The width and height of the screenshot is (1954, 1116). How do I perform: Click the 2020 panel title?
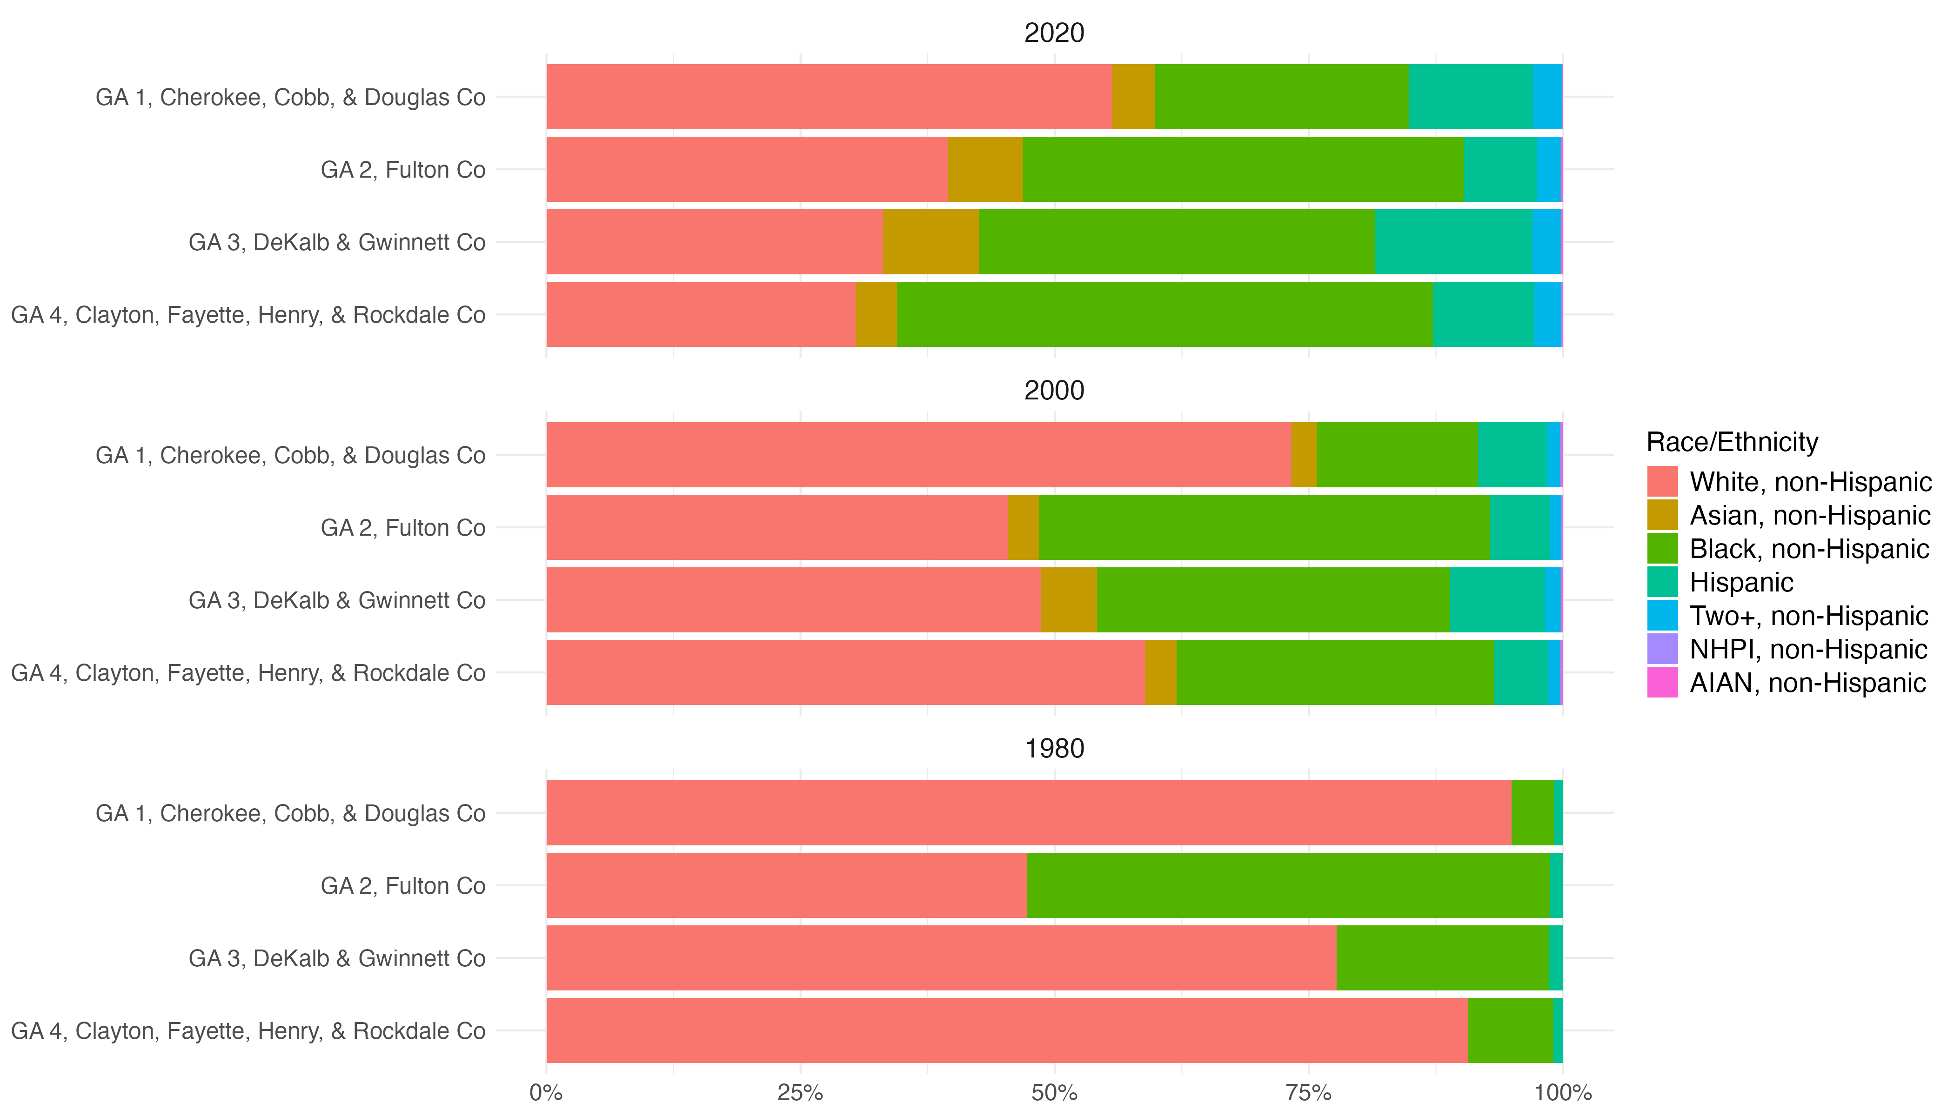pyautogui.click(x=1054, y=33)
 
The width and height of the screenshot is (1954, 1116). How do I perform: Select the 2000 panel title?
pyautogui.click(x=1054, y=391)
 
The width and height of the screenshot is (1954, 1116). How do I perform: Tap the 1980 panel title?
pyautogui.click(x=1054, y=749)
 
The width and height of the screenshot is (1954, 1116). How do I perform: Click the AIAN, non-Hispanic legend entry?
pyautogui.click(x=1807, y=683)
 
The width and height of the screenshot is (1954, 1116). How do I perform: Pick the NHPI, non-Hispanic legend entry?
pyautogui.click(x=1807, y=649)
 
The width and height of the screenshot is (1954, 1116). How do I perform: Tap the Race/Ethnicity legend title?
pyautogui.click(x=1732, y=442)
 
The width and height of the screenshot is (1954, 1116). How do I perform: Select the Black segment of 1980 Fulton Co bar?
pyautogui.click(x=1288, y=885)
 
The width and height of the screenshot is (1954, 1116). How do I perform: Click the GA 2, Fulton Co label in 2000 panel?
pyautogui.click(x=402, y=528)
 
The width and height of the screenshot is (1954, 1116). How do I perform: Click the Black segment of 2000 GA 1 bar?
pyautogui.click(x=1397, y=454)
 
